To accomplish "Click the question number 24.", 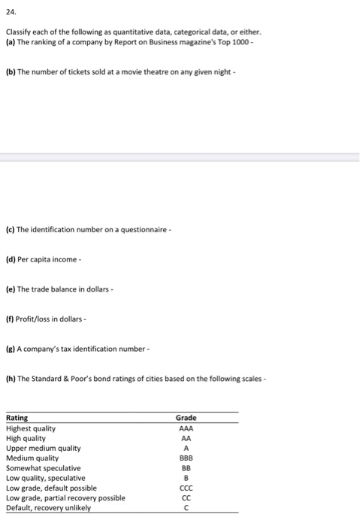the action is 10,13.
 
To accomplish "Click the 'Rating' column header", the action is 17,418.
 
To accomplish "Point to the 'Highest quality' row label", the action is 30,428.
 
